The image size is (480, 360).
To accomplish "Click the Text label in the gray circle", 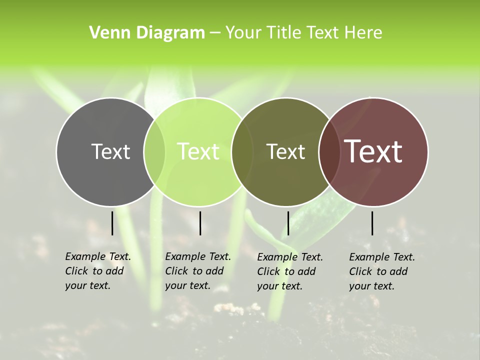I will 110,151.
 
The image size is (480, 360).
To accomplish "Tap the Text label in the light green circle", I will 198,151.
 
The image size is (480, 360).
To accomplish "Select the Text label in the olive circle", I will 285,151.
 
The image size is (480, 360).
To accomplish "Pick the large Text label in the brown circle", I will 373,151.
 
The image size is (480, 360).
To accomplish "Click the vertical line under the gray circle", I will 112,223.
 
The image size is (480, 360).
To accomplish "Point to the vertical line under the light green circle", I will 200,223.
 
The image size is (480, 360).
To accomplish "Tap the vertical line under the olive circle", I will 288,223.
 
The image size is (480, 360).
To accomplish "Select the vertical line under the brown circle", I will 372,223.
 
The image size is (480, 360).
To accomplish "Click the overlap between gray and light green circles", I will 154,151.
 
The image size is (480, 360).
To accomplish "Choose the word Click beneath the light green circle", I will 176,271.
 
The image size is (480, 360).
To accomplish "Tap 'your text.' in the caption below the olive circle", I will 279,286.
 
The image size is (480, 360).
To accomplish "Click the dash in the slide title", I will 215,33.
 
